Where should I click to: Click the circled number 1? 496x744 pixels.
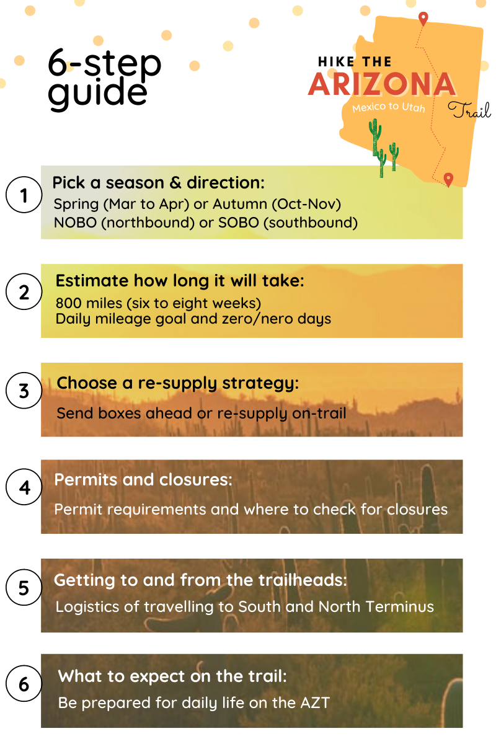tap(24, 196)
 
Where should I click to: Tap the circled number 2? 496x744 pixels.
tap(24, 292)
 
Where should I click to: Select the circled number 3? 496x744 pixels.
tap(24, 391)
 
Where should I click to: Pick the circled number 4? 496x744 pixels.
tap(24, 488)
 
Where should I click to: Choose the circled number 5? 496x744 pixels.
tap(24, 587)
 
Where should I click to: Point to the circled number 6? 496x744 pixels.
tap(24, 684)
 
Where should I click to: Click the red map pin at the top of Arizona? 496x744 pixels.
tap(423, 19)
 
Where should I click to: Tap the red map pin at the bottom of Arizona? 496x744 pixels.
tap(448, 179)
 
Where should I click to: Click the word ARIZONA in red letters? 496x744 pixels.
tap(381, 85)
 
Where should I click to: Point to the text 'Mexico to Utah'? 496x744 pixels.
tap(389, 108)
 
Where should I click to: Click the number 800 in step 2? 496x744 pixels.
tap(68, 303)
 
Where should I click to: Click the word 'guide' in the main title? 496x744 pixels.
tap(97, 91)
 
